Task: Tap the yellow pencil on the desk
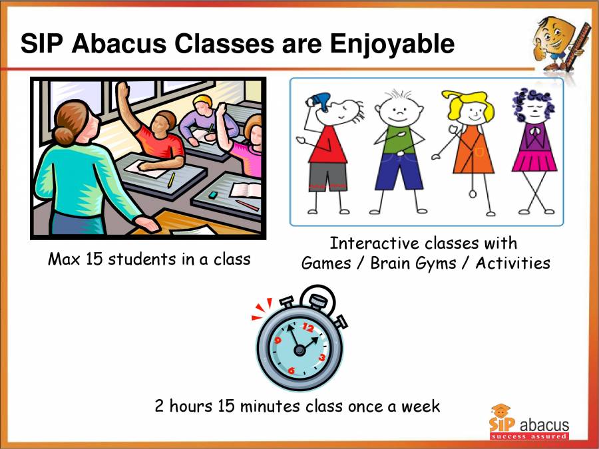click(171, 179)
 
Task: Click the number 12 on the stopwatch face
click(307, 327)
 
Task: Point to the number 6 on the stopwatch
click(292, 370)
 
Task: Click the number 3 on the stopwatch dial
click(322, 357)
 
